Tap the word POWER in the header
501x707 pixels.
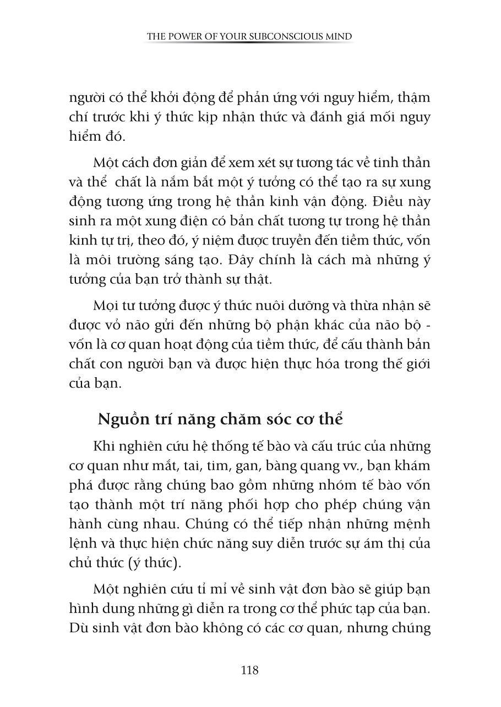tap(186, 37)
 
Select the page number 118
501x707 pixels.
tap(250, 670)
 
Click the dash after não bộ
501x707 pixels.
tap(429, 325)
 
